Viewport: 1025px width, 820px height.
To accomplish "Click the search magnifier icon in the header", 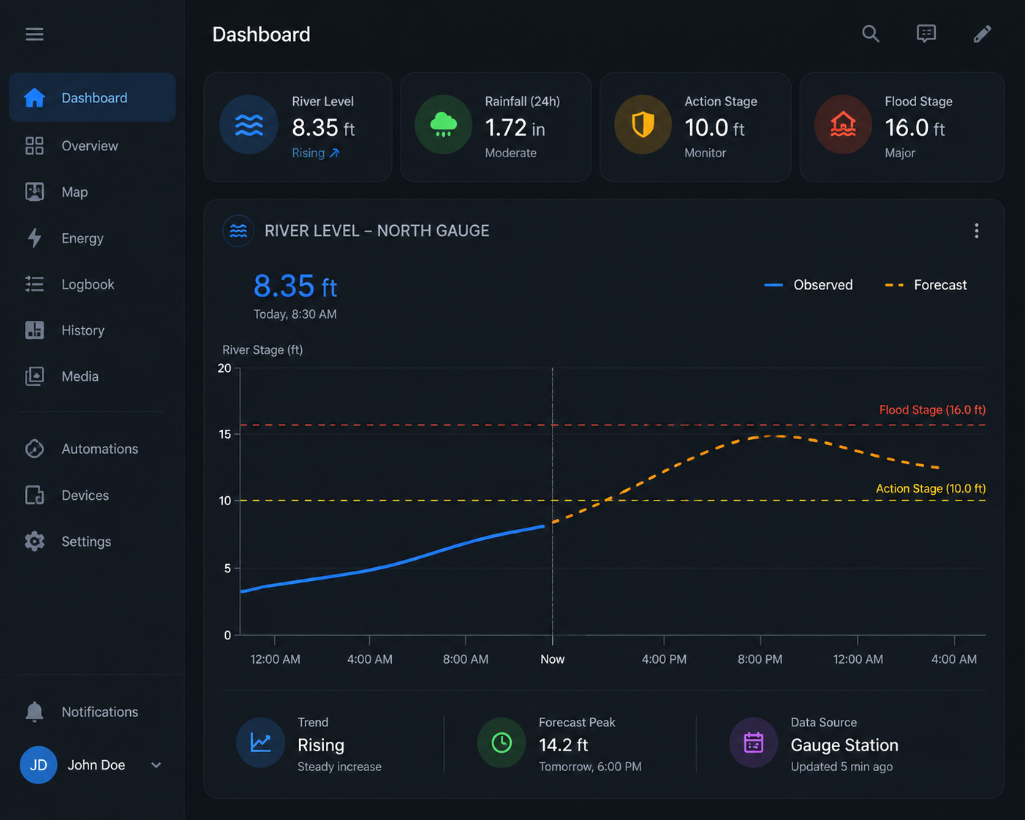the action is coord(870,34).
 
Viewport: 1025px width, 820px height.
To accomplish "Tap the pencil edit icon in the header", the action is coord(982,34).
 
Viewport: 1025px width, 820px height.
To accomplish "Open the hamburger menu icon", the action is coord(34,34).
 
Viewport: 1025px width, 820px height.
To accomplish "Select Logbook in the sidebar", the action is coord(88,284).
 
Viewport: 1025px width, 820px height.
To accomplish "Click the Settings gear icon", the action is coord(34,542).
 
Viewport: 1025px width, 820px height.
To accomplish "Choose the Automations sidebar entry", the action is coord(99,449).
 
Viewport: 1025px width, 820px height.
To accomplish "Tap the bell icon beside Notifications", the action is coord(34,712).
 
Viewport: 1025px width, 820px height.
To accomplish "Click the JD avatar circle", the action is coord(38,764).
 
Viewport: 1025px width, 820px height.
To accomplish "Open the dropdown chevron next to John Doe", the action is coord(156,765).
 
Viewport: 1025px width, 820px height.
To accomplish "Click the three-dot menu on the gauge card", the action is coord(977,231).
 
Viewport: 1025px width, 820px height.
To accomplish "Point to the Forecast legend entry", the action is coord(926,285).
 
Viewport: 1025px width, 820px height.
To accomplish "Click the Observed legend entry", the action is coord(809,285).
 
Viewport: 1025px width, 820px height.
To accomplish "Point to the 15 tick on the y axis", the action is coord(225,434).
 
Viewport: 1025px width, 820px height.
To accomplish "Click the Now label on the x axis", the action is coord(553,659).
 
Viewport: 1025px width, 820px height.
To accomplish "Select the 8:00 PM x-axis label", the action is coord(760,659).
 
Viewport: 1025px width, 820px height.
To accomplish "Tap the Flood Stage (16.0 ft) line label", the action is coord(932,409).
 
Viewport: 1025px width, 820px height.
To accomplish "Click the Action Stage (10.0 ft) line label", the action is coord(931,488).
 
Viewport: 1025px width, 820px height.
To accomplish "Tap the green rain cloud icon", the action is coord(444,124).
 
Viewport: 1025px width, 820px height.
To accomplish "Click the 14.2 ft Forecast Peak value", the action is coord(564,745).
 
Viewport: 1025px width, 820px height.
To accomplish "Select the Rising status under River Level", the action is coord(316,153).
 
